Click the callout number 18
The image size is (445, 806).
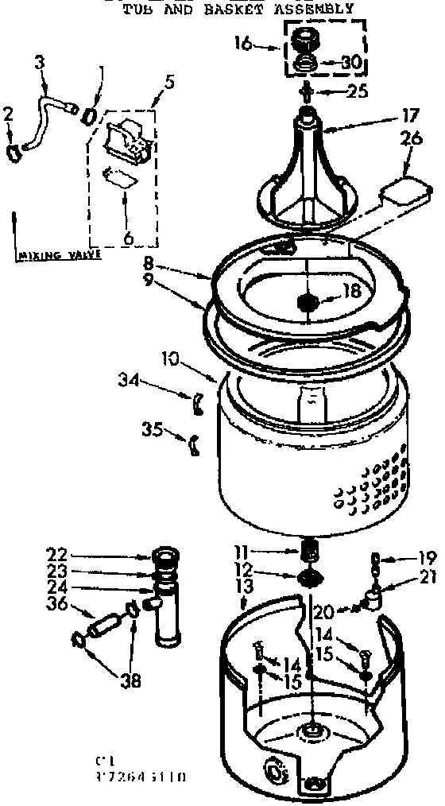click(351, 292)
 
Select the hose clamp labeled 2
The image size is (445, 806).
click(11, 149)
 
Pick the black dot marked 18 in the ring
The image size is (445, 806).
click(308, 302)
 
